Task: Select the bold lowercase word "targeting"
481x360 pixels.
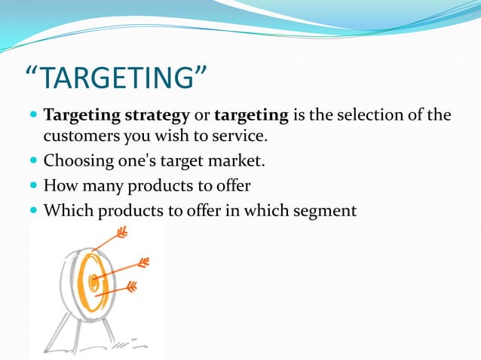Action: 251,117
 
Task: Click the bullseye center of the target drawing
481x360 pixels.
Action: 94,282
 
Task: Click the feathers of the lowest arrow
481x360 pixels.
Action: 132,287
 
